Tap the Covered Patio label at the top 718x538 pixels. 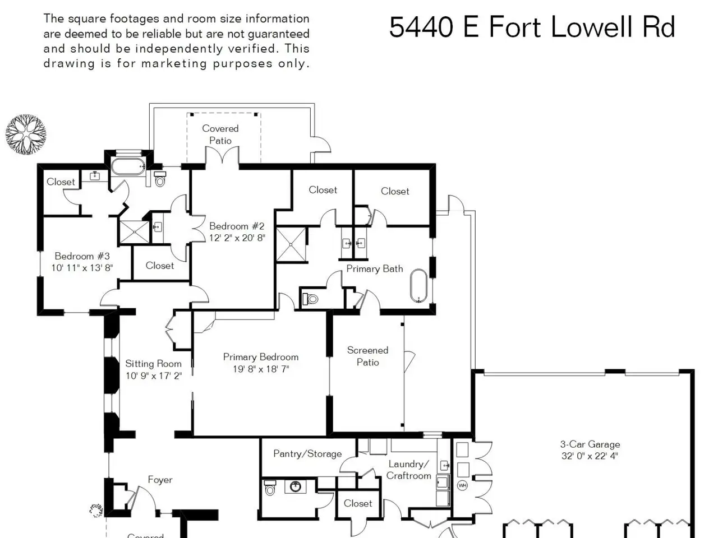pyautogui.click(x=220, y=134)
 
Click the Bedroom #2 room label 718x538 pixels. pyautogui.click(x=237, y=226)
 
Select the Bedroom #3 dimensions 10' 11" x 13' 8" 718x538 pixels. pyautogui.click(x=82, y=268)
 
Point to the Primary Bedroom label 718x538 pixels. pyautogui.click(x=261, y=357)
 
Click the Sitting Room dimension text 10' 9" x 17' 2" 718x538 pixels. pyautogui.click(x=154, y=375)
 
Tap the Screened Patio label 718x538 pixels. pyautogui.click(x=367, y=356)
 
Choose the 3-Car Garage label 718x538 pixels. pyautogui.click(x=590, y=444)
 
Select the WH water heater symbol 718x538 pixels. pyautogui.click(x=462, y=485)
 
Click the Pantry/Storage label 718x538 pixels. pyautogui.click(x=307, y=454)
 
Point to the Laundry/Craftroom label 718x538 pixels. pyautogui.click(x=408, y=470)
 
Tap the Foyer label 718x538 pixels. pyautogui.click(x=160, y=480)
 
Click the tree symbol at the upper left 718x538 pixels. pyautogui.click(x=26, y=134)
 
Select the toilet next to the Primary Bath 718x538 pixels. pyautogui.click(x=310, y=299)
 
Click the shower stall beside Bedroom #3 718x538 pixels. pyautogui.click(x=135, y=232)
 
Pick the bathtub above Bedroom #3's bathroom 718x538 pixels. pyautogui.click(x=128, y=166)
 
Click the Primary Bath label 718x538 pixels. pyautogui.click(x=375, y=269)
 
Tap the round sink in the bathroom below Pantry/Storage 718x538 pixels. pyautogui.click(x=296, y=486)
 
